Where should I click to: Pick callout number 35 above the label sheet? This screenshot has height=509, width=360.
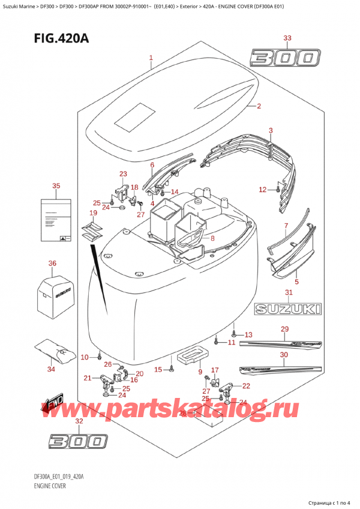[56, 186]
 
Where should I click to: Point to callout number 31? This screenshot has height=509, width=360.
[289, 292]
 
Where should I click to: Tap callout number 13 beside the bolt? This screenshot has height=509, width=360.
[248, 334]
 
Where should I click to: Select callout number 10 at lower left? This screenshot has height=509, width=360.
[85, 357]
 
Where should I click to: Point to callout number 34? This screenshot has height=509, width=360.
[51, 369]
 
